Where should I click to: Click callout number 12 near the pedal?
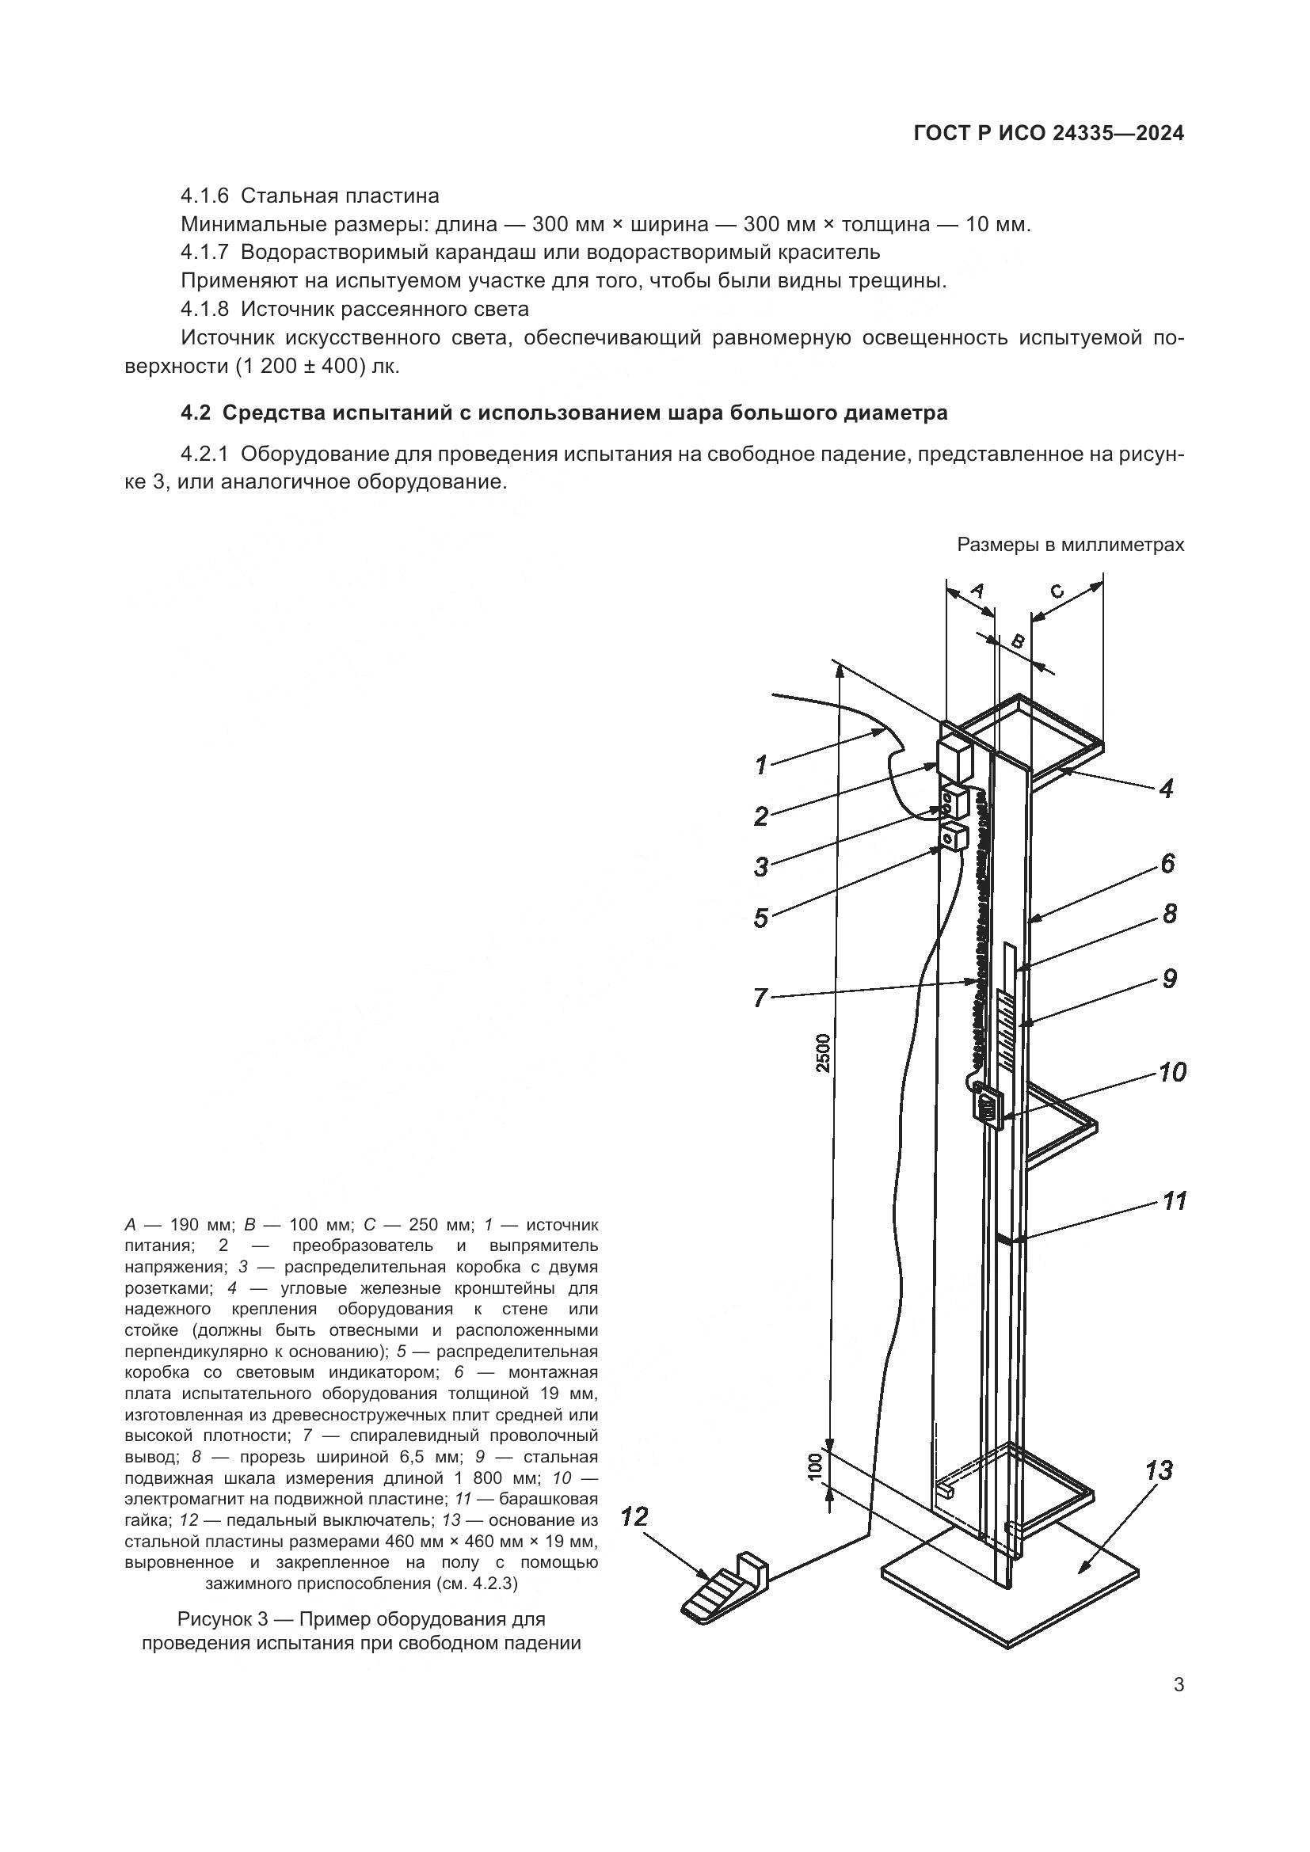point(635,1517)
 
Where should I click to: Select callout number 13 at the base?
point(1159,1470)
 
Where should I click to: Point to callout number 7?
point(760,997)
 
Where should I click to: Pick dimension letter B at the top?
point(1018,642)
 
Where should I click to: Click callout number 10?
point(1172,1072)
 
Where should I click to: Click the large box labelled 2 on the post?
point(954,759)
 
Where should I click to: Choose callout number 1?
point(760,764)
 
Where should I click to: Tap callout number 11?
point(1175,1201)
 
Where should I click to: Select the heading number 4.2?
point(194,414)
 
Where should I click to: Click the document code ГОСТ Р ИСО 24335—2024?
point(1048,134)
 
